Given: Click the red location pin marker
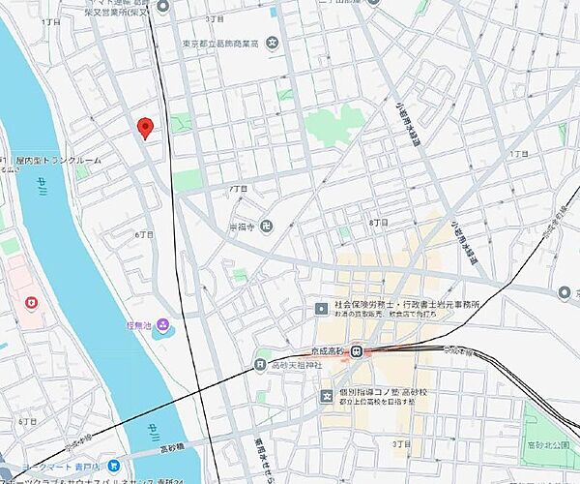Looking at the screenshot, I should point(145,127).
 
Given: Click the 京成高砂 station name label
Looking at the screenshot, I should point(328,351).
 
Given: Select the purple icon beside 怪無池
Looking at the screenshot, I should point(163,323).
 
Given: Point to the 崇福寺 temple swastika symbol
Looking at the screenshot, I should point(267,227).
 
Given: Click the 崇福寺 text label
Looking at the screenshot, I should point(242,227).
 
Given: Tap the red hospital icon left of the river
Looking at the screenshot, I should point(31,305).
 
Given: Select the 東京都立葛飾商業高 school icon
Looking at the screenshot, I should point(273,42).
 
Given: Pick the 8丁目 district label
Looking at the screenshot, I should point(378,223).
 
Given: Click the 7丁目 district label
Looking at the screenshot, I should point(238,186).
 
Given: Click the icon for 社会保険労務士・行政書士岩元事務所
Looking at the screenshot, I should point(322,309).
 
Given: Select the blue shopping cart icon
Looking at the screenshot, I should point(113,465).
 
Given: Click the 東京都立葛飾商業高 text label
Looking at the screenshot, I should point(221,42).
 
